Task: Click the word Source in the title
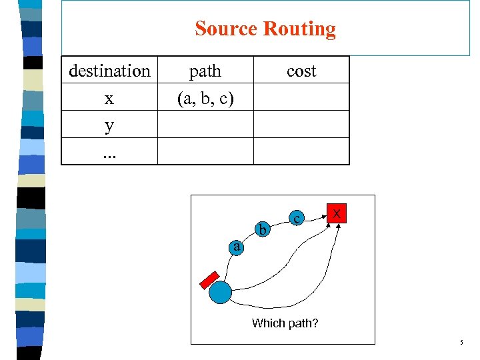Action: tap(227, 29)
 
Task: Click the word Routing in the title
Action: tap(299, 29)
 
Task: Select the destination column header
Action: tap(109, 71)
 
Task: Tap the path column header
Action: tap(205, 71)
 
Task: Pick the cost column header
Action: tap(301, 71)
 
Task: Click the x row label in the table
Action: tap(109, 98)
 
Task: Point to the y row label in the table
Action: tap(109, 125)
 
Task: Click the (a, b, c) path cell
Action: tap(205, 98)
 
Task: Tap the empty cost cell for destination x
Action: tap(301, 97)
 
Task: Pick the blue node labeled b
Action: tap(263, 230)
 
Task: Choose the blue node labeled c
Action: tap(297, 217)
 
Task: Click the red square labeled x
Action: tap(337, 213)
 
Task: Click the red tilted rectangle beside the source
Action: tap(209, 279)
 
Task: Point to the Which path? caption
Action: tap(285, 323)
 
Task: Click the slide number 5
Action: tap(460, 343)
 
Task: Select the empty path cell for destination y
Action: tap(205, 125)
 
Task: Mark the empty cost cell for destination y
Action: tap(301, 125)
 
